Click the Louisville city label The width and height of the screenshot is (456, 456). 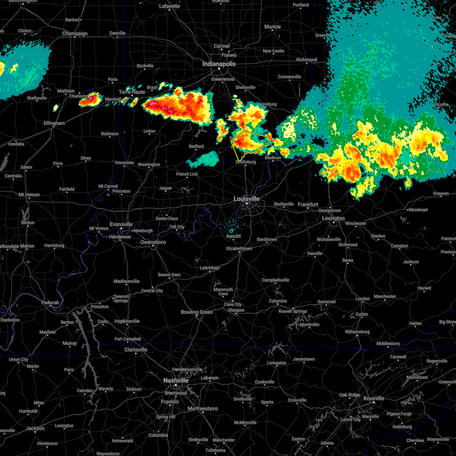pos(247,199)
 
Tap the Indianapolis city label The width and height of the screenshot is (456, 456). pos(219,64)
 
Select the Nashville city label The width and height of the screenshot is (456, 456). pos(176,380)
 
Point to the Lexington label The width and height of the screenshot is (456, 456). pos(333,218)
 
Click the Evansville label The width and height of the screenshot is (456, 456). pos(121,225)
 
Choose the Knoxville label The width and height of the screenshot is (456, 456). pos(374,399)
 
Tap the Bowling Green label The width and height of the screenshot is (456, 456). pos(197,312)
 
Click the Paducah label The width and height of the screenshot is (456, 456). pos(50,303)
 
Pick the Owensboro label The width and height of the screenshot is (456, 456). pos(153,242)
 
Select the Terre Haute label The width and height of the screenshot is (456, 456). pos(132,92)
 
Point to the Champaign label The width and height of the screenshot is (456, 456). pos(75,34)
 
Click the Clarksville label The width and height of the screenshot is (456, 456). pos(136,350)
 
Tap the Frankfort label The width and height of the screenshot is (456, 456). pos(308,204)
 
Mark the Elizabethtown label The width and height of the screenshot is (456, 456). pos(239,249)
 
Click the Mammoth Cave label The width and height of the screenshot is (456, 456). pos(223,291)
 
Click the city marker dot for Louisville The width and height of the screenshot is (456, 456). pos(247,204)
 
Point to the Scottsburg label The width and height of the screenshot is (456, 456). pos(245,162)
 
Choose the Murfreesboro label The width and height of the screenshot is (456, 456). pos(203,409)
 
